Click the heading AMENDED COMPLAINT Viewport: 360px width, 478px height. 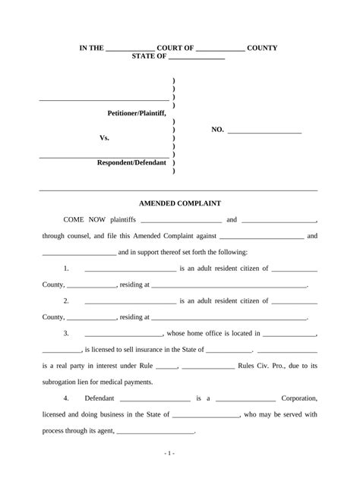coord(179,203)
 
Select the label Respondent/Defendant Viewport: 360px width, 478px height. coord(131,163)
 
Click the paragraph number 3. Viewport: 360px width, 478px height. coord(67,333)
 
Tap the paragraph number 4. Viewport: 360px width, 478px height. coord(67,398)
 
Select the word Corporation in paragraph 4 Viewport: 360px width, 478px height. coord(299,398)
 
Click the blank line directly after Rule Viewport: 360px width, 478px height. coord(166,366)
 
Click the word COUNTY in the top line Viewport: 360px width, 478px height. coord(262,49)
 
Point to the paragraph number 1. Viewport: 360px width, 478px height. coord(67,269)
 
